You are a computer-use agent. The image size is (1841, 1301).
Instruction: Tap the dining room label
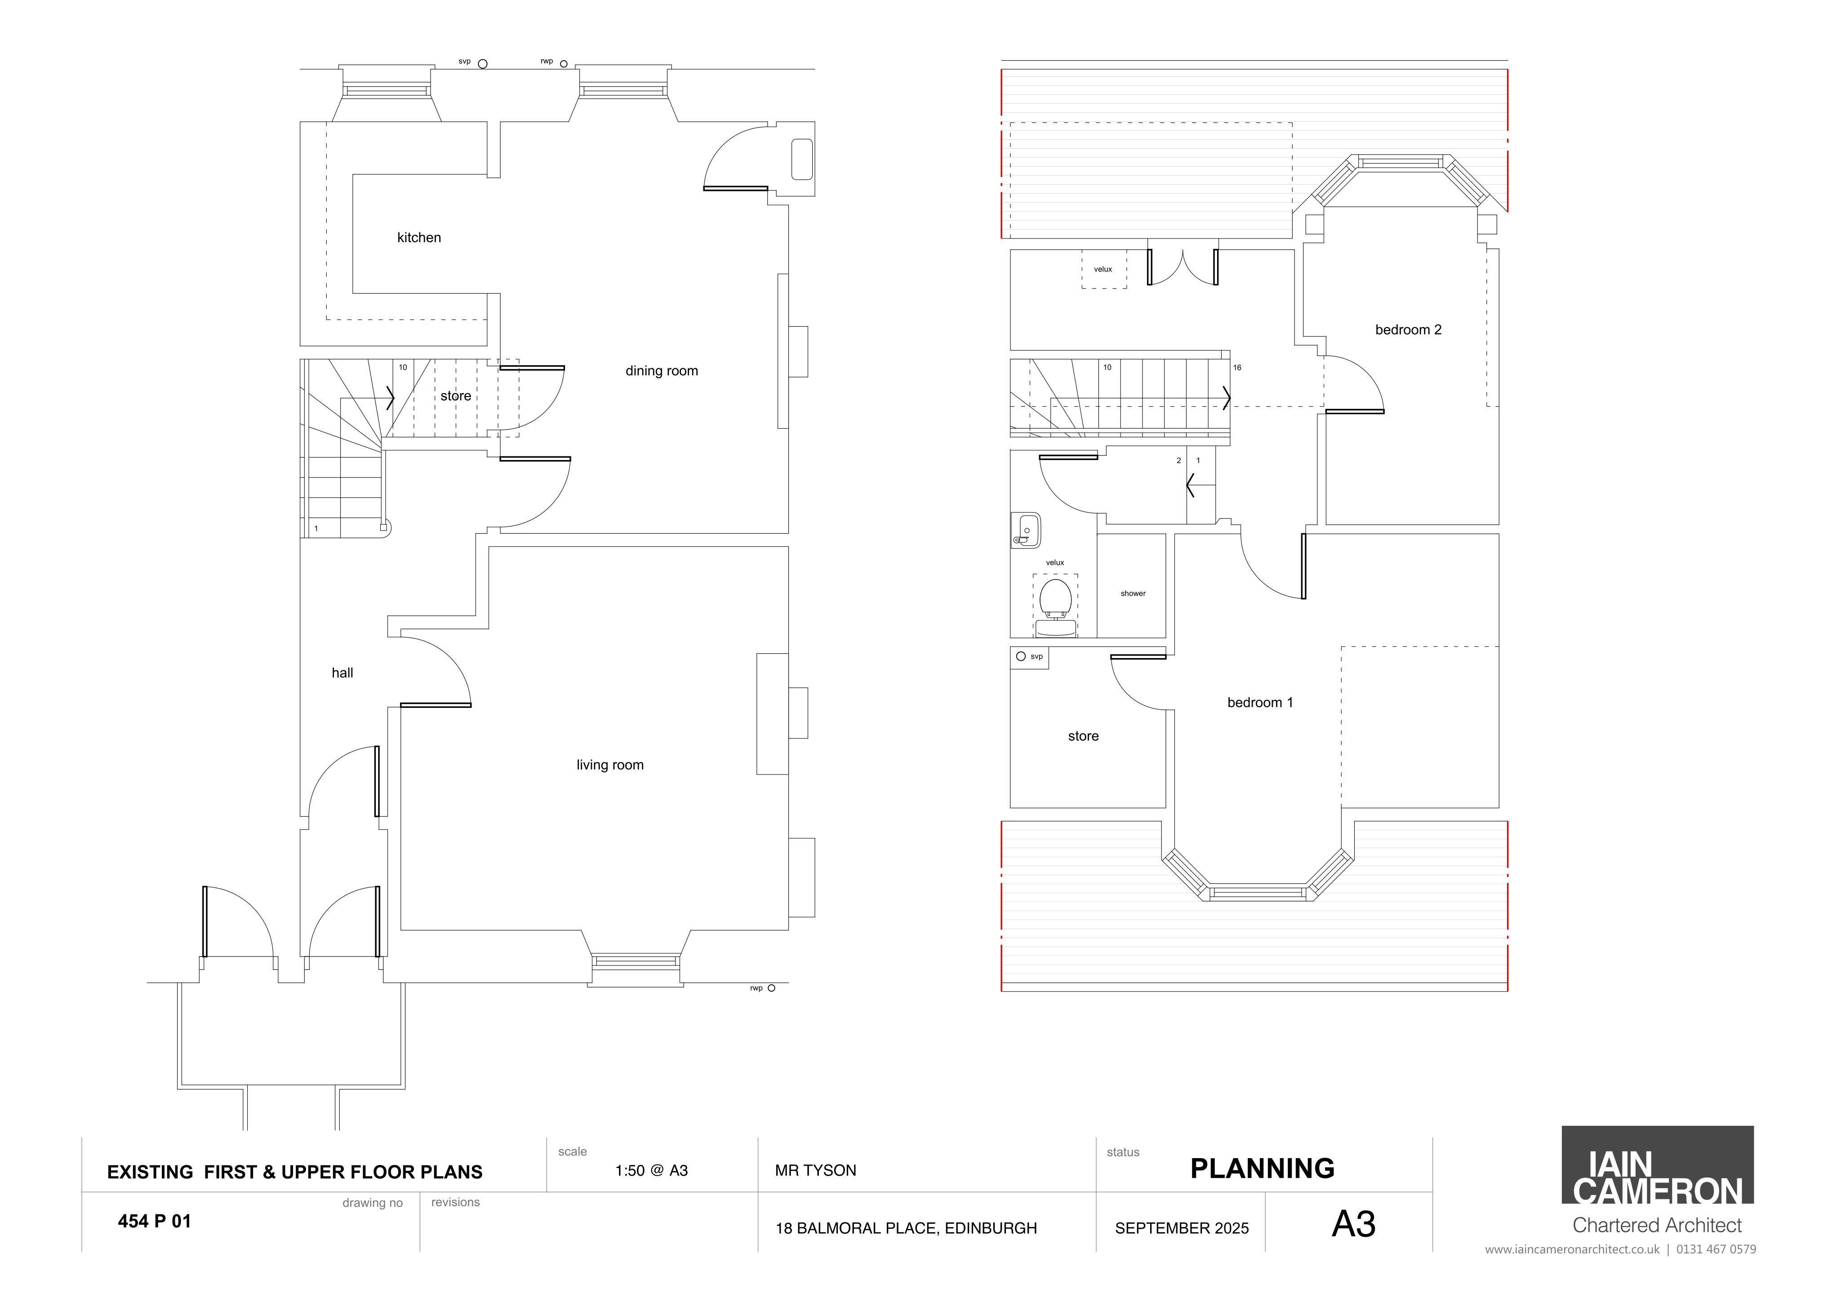(662, 370)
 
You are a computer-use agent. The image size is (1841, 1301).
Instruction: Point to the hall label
(342, 673)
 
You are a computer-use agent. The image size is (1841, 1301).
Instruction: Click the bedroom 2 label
(1408, 329)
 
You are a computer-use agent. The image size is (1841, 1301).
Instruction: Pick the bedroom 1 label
(1260, 702)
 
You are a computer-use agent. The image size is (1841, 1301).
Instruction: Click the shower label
(1133, 593)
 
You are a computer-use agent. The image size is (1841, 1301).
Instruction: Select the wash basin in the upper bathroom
(1026, 530)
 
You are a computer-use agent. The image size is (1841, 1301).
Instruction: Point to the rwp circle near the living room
(771, 988)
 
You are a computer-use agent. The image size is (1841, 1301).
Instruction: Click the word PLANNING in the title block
(1262, 1169)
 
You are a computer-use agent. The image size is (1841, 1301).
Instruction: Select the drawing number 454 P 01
(154, 1221)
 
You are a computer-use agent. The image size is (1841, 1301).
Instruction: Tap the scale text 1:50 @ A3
(651, 1170)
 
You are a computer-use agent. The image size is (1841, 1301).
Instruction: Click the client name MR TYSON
(815, 1170)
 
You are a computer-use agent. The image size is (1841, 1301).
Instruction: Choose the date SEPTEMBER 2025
(1182, 1228)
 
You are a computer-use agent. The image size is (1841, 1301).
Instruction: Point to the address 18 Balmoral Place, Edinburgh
(906, 1228)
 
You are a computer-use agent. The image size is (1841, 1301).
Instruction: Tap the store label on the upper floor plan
(1083, 736)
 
